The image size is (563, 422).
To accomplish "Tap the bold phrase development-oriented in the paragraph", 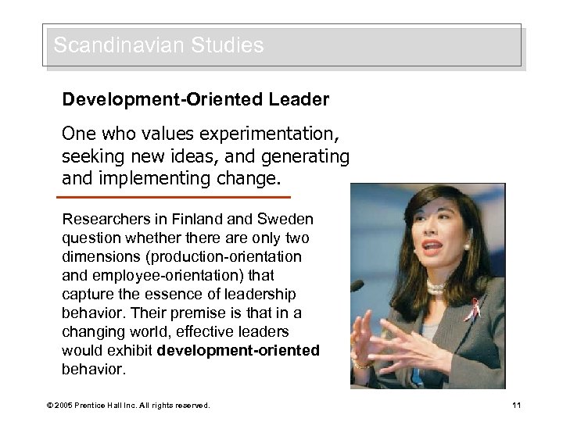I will pyautogui.click(x=238, y=351).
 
